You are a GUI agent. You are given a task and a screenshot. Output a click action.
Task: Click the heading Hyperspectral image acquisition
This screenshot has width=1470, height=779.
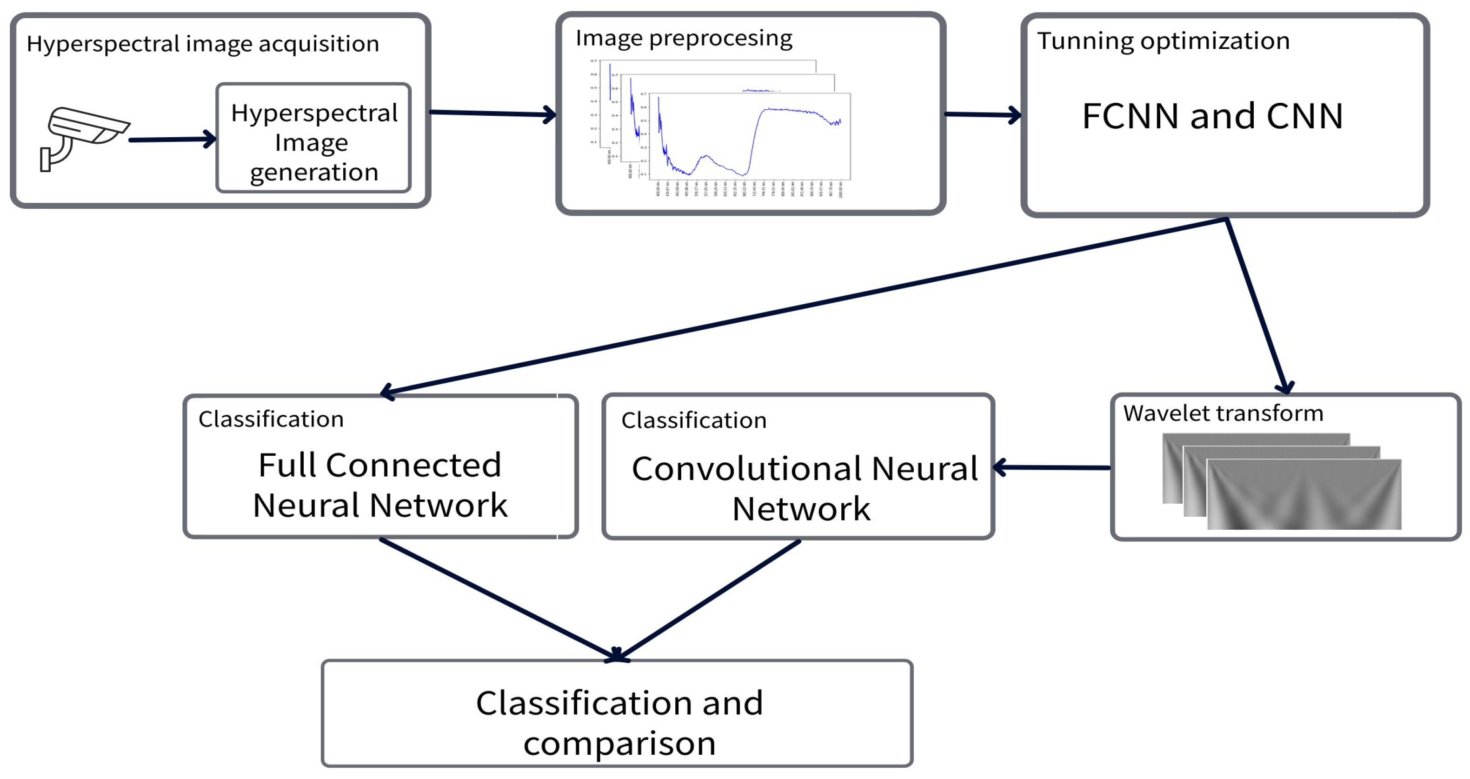203,44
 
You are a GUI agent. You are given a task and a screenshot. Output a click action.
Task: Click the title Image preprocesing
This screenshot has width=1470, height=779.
684,39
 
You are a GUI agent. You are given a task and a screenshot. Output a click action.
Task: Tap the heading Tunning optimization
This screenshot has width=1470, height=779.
1163,41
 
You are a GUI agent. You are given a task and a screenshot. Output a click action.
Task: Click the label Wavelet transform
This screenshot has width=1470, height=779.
1223,413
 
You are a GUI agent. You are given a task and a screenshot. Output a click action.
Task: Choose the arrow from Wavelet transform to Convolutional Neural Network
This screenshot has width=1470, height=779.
1053,468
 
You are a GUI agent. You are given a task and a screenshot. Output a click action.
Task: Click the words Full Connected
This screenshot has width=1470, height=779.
379,465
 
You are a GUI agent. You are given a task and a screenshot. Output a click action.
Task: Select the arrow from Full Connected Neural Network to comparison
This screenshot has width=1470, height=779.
497,599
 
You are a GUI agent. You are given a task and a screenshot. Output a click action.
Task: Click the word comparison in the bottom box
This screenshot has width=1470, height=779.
619,744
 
